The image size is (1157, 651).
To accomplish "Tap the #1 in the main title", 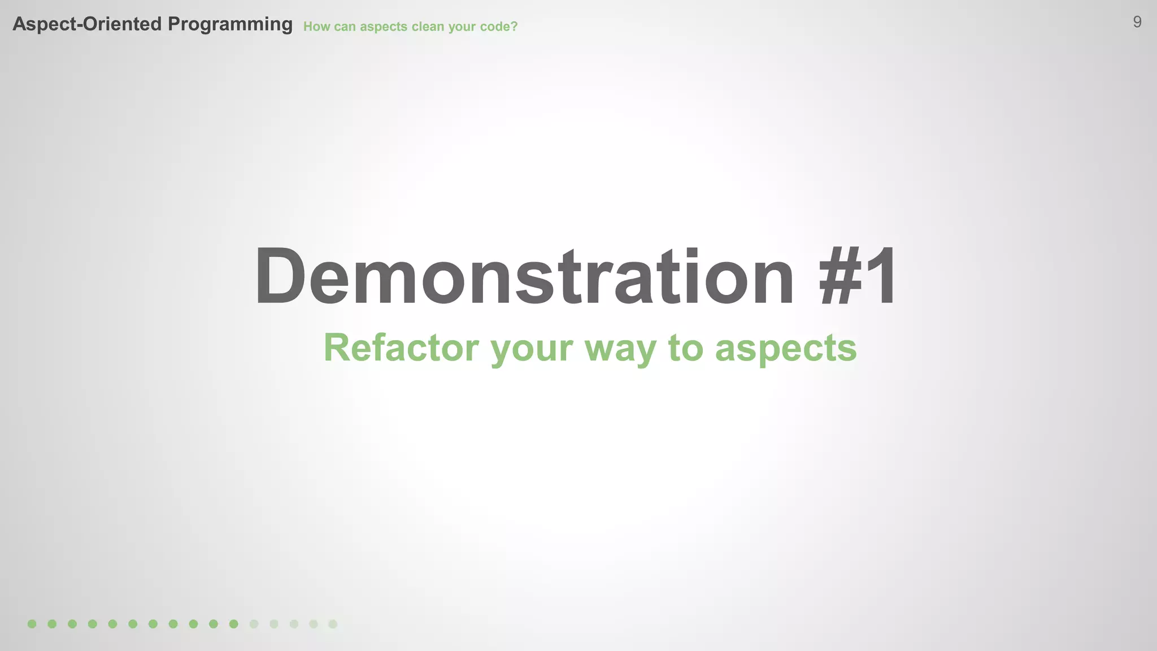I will tap(858, 277).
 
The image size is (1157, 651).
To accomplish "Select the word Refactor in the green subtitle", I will tap(401, 348).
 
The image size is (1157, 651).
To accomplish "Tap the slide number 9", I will tap(1137, 22).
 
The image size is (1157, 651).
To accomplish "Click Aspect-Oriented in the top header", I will tap(88, 24).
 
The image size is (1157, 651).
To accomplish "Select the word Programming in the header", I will tap(230, 24).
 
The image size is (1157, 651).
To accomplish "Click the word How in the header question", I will tap(316, 27).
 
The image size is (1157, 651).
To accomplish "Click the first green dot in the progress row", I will tap(32, 624).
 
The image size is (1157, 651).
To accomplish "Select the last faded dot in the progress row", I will tap(333, 624).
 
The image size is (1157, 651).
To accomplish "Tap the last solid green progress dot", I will tap(234, 624).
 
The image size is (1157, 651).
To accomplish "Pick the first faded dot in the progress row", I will tap(254, 624).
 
